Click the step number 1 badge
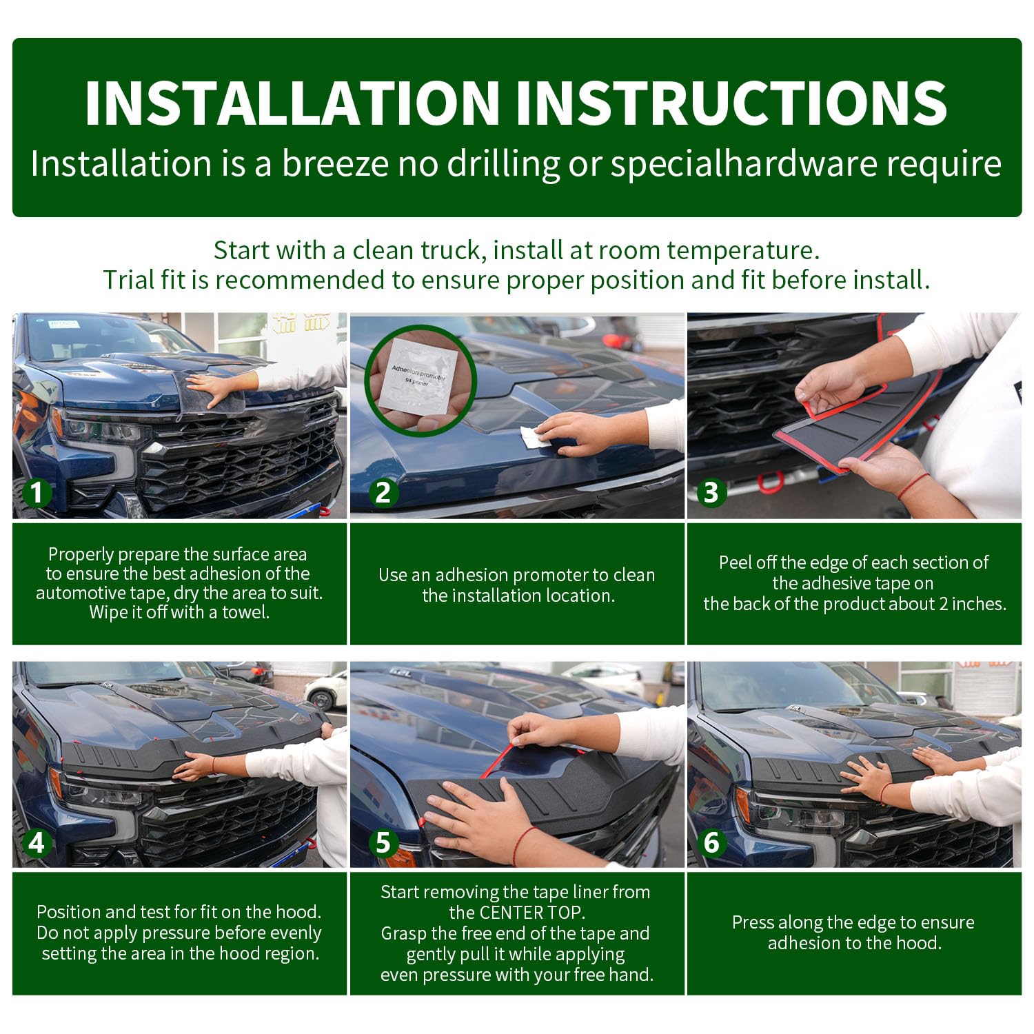(37, 492)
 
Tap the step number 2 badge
(383, 492)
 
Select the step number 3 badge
(711, 492)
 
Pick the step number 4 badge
(37, 842)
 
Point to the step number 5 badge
(383, 842)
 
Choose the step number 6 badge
(711, 842)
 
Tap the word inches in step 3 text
(982, 604)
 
